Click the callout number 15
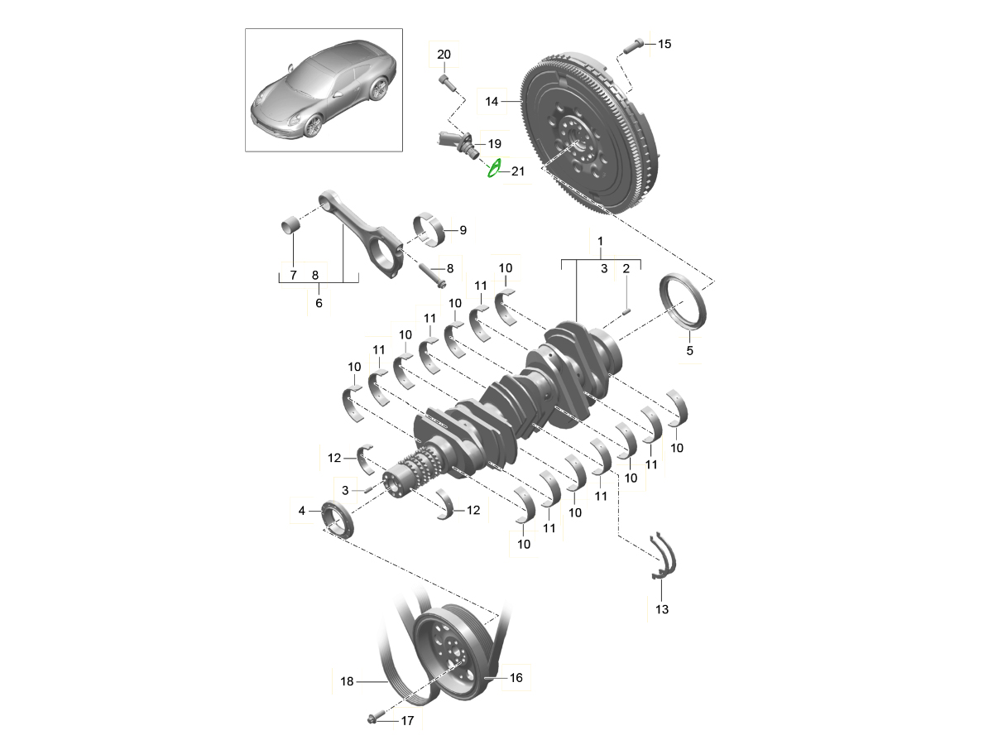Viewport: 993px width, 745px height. (664, 44)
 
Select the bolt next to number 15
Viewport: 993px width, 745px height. (633, 46)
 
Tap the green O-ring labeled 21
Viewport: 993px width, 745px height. (494, 168)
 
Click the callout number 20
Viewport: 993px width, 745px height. (444, 55)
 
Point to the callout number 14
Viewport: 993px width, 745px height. (492, 101)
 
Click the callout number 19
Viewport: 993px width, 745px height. (495, 144)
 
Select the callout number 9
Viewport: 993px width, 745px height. (463, 230)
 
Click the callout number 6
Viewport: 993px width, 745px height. (319, 303)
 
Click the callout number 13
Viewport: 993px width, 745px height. (662, 609)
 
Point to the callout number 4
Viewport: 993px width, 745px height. (302, 511)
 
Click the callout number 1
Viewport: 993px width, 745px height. (600, 241)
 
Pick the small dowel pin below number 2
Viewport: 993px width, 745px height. (626, 311)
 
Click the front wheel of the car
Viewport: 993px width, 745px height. (313, 125)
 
